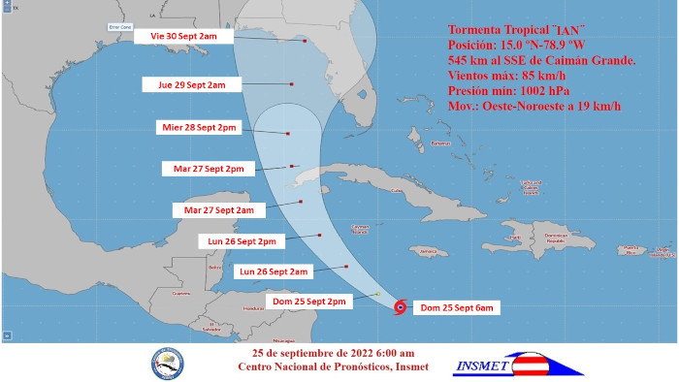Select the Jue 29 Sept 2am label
click(x=191, y=84)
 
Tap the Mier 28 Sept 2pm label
click(x=203, y=127)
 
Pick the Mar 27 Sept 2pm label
click(x=209, y=168)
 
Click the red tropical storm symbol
click(x=400, y=308)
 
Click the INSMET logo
click(x=519, y=364)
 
